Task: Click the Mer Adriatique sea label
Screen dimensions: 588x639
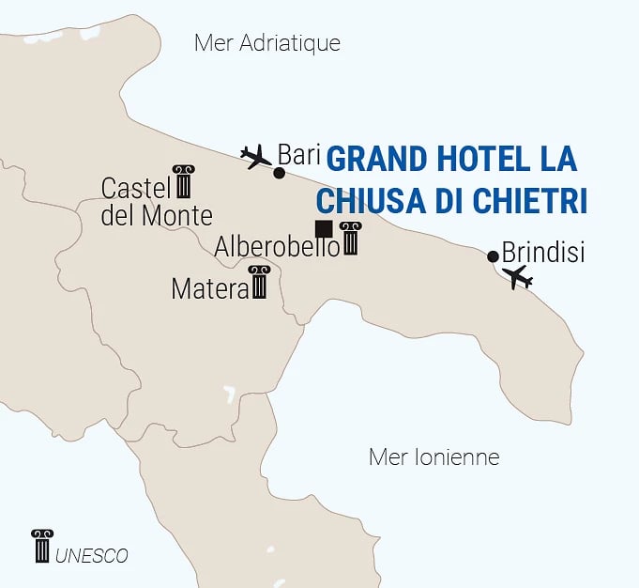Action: click(266, 43)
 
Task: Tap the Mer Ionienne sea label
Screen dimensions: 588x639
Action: click(434, 457)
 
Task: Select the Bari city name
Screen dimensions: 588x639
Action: click(299, 154)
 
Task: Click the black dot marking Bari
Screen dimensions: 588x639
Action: click(279, 173)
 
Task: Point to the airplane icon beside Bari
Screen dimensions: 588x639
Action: click(255, 156)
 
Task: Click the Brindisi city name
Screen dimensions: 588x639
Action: click(543, 253)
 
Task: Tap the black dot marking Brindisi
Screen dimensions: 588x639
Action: click(494, 255)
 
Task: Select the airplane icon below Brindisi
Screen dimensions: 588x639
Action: click(517, 277)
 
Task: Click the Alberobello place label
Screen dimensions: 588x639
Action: click(277, 247)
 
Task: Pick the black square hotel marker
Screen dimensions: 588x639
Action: click(324, 228)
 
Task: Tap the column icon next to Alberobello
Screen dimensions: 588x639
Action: click(351, 239)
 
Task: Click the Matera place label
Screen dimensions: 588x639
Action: click(208, 289)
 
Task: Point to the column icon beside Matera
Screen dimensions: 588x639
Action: click(259, 282)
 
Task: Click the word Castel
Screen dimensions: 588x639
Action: click(135, 188)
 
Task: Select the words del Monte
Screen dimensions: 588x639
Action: click(157, 215)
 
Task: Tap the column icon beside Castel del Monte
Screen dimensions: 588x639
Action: click(183, 181)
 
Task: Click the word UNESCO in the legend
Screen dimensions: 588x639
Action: click(92, 556)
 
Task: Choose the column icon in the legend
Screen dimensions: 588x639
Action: click(42, 546)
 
